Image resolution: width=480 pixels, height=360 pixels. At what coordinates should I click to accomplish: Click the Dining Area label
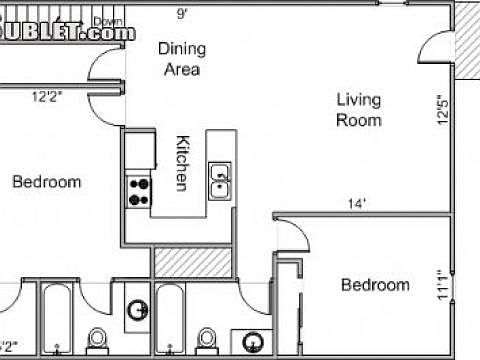click(180, 59)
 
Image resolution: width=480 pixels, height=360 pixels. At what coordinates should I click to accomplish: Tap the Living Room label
click(358, 109)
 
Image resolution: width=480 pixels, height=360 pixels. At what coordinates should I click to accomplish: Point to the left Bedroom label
click(46, 182)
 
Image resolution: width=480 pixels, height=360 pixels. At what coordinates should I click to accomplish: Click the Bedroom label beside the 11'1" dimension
click(375, 285)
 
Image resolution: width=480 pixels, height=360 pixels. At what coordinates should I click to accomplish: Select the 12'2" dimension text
click(47, 97)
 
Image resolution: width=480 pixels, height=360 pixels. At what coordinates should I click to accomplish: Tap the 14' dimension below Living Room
click(357, 203)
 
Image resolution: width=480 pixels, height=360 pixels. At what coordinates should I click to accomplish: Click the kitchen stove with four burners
click(139, 191)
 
